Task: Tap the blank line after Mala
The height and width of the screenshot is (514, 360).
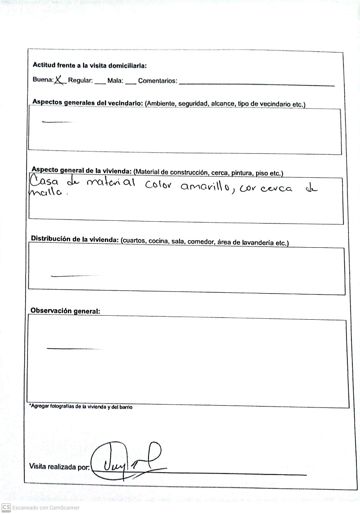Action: tap(130, 84)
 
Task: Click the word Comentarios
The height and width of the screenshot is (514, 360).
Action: tap(157, 81)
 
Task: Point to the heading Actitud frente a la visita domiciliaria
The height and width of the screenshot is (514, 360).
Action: tap(90, 65)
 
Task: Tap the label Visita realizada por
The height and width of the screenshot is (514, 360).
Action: tap(59, 467)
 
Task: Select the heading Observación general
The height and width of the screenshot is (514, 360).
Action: tap(65, 311)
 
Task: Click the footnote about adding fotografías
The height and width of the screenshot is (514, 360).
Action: tap(81, 407)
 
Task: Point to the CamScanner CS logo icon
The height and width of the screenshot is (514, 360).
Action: tap(6, 508)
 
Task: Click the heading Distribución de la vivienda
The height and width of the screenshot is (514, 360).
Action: tap(75, 239)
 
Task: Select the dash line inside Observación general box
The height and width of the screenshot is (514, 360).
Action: tap(72, 348)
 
